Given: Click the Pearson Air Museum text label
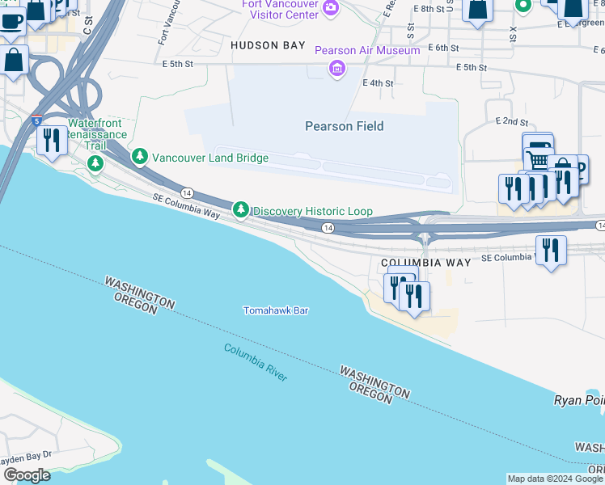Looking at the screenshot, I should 367,50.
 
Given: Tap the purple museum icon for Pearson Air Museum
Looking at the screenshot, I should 337,69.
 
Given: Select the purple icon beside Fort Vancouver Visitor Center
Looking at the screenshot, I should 330,8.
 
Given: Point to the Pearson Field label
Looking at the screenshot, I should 344,126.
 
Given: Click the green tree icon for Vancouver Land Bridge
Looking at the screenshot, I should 141,155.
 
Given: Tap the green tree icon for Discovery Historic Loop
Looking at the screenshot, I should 241,210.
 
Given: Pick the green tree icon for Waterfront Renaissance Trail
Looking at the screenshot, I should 95,164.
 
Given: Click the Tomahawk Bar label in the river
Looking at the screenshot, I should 276,310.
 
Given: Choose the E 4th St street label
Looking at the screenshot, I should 378,83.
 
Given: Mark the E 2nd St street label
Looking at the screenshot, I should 511,120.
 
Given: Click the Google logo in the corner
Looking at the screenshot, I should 27,475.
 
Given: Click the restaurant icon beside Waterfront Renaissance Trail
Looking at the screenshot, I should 52,141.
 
